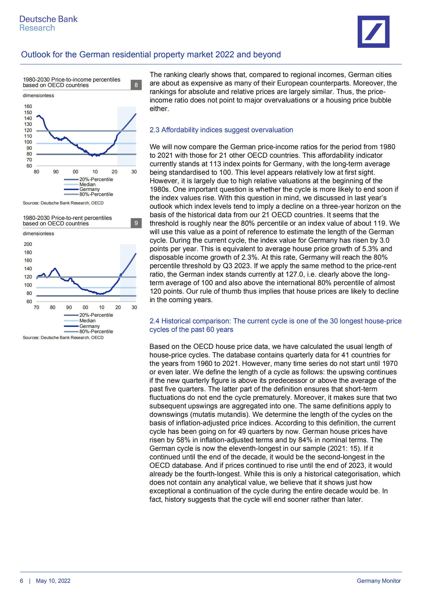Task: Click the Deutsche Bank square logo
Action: (x=373, y=32)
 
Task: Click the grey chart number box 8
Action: (x=136, y=85)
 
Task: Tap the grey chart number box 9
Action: (x=136, y=223)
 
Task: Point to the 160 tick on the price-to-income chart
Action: (x=28, y=106)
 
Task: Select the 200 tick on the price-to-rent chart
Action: (x=28, y=244)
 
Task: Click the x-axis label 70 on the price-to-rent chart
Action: (x=36, y=307)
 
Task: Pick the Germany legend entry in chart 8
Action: (x=89, y=189)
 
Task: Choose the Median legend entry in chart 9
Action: (x=87, y=321)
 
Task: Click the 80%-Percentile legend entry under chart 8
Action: (x=96, y=194)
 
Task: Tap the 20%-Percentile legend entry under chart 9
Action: (x=96, y=315)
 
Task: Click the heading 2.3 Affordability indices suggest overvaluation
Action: (x=221, y=130)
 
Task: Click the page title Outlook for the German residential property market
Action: (x=151, y=54)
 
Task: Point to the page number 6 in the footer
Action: (x=22, y=581)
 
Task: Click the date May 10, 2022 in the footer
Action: (x=53, y=581)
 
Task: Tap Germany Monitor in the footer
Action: (x=378, y=581)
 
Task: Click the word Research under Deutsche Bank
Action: (x=37, y=28)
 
